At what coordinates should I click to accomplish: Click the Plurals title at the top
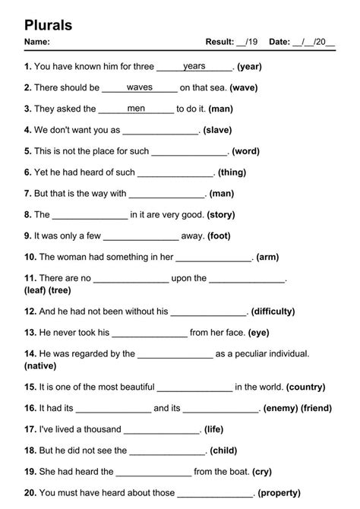tap(49, 24)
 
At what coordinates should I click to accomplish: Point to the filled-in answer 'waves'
tap(140, 87)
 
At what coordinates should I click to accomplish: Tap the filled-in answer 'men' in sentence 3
tap(137, 109)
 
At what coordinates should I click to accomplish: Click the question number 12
tap(30, 311)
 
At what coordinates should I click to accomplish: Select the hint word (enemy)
tap(280, 408)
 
